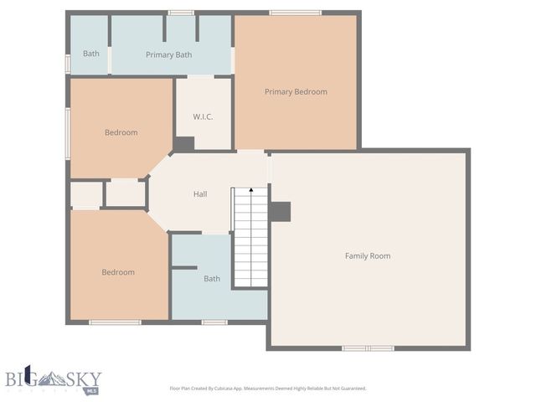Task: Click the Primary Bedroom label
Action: pyautogui.click(x=296, y=91)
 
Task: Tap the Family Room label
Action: pyautogui.click(x=368, y=255)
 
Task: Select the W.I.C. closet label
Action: pyautogui.click(x=203, y=116)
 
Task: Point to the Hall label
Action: pyautogui.click(x=200, y=194)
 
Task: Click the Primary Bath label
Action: pyautogui.click(x=169, y=54)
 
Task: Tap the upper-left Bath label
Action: pyautogui.click(x=91, y=54)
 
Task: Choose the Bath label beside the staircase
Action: pyautogui.click(x=212, y=278)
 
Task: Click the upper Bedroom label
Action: pyautogui.click(x=121, y=132)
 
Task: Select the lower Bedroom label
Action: pyautogui.click(x=118, y=272)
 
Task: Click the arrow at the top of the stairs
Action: pyautogui.click(x=250, y=193)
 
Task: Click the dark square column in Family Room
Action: pyautogui.click(x=281, y=212)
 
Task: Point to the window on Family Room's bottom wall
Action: pyautogui.click(x=368, y=348)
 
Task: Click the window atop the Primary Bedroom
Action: pyautogui.click(x=295, y=13)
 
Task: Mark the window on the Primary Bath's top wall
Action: pyautogui.click(x=181, y=13)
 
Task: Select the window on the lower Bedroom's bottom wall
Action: pyautogui.click(x=116, y=322)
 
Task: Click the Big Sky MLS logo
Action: pyautogui.click(x=54, y=379)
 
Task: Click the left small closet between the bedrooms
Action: pyautogui.click(x=85, y=195)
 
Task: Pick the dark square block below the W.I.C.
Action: pyautogui.click(x=183, y=143)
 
